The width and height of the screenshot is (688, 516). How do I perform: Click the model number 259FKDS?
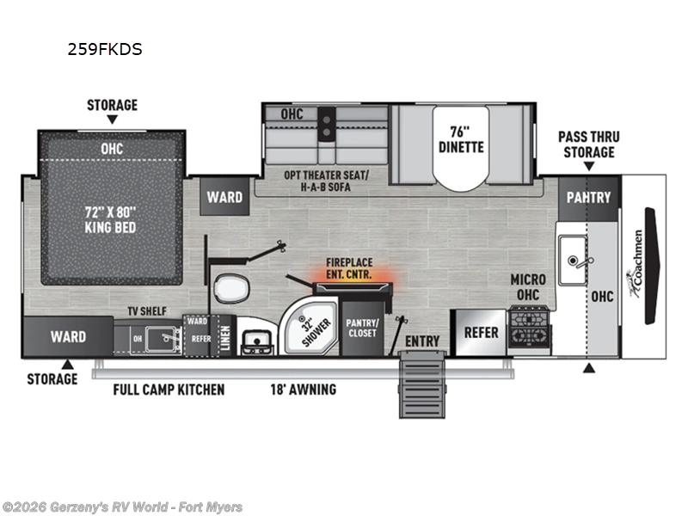pyautogui.click(x=105, y=49)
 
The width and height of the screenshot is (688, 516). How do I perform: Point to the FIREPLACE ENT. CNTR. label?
pyautogui.click(x=349, y=268)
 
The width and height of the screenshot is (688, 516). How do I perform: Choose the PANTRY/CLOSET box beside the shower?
pyautogui.click(x=362, y=328)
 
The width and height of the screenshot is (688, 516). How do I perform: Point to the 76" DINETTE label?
pyautogui.click(x=461, y=139)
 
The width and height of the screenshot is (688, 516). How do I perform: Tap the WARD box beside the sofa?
pyautogui.click(x=224, y=197)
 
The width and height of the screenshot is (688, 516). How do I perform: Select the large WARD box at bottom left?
pyautogui.click(x=67, y=336)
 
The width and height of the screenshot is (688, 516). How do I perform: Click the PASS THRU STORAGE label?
pyautogui.click(x=588, y=144)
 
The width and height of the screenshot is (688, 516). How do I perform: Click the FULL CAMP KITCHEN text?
pyautogui.click(x=169, y=390)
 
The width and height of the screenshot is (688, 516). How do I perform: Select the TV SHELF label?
pyautogui.click(x=148, y=310)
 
